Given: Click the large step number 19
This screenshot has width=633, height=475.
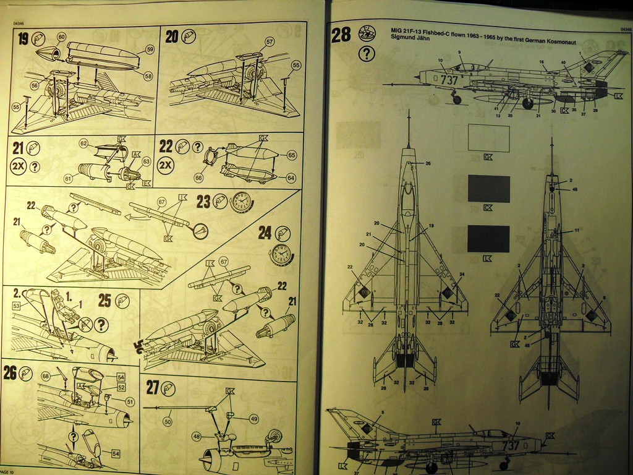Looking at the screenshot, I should coord(23,39).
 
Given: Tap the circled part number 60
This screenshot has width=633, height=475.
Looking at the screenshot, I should coord(61,37).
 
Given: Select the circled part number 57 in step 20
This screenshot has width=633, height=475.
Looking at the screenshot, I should coord(270,41).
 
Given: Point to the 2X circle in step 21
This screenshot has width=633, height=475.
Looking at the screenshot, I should coord(19,166).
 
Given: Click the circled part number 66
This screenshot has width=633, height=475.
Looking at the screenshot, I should coord(198,178).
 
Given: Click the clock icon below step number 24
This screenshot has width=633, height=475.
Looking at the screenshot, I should coord(281,254).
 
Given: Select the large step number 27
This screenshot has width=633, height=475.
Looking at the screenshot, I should coord(153,388).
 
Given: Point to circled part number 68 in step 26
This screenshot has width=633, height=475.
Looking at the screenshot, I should coord(45,375).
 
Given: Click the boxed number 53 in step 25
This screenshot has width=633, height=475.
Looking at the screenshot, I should coord(17,306).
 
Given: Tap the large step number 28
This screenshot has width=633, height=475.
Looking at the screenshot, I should coord(341,35).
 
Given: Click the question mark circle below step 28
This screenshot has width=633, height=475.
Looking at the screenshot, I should coord(367,54).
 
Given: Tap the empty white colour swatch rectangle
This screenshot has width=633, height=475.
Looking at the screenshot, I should coord(488,138).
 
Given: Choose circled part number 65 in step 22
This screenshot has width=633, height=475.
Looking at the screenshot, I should coord(291,155).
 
